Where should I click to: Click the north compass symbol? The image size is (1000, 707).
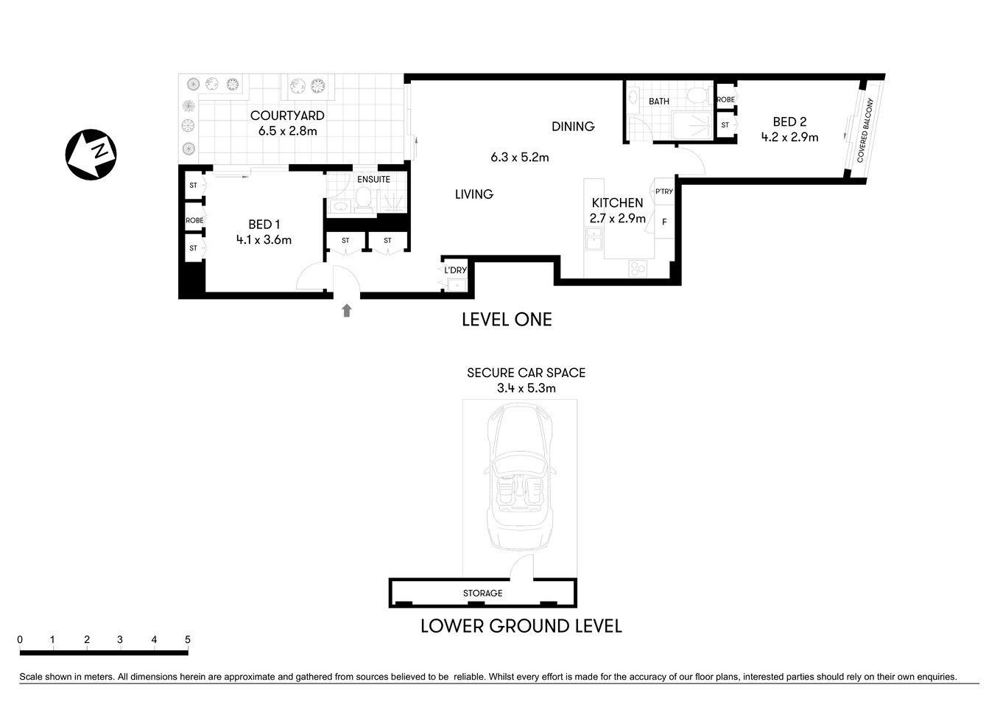[x=91, y=153]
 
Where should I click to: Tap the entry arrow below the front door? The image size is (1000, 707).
[x=347, y=310]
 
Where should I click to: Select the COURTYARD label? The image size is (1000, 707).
[x=287, y=116]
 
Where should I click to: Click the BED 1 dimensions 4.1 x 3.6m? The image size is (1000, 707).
[x=264, y=239]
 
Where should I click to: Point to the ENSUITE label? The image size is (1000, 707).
[x=373, y=179]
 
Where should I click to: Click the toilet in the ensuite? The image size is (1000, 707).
[x=362, y=197]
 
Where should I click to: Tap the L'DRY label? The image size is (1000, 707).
[x=455, y=270]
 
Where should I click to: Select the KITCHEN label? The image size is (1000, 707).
[x=617, y=203]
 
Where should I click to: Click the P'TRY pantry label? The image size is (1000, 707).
[x=663, y=191]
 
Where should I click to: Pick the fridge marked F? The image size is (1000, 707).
[x=664, y=222]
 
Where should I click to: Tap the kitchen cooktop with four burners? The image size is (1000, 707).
[x=638, y=269]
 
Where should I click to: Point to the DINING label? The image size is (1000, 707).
[x=573, y=127]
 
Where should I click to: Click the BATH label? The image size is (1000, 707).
[x=659, y=101]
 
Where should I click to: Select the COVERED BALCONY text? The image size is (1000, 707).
[x=865, y=130]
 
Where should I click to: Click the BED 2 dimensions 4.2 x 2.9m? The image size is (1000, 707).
[x=789, y=137]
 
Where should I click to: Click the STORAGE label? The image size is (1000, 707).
[x=482, y=593]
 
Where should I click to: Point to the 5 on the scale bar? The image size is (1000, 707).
[x=188, y=640]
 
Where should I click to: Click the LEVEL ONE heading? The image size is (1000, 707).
[x=507, y=319]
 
